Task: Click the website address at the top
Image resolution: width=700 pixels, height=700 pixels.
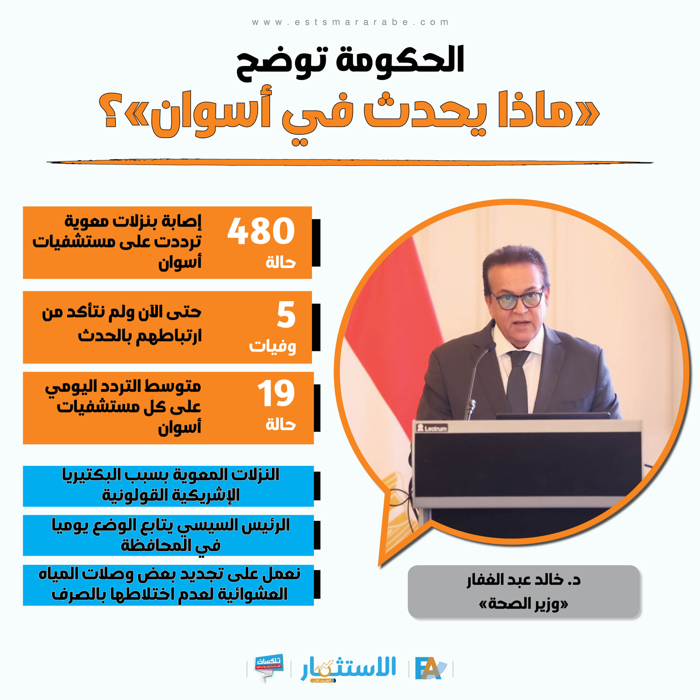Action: (350, 22)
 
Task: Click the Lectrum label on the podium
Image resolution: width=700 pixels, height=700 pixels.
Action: (432, 428)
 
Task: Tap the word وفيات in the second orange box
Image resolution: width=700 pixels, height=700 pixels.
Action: (272, 346)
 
